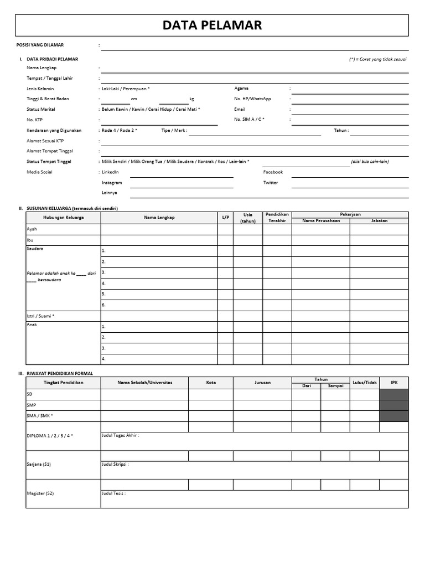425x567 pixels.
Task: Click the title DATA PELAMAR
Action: [212, 25]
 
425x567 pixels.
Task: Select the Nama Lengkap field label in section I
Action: [42, 68]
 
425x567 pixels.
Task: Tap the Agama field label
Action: [241, 88]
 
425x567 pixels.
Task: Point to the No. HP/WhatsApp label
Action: [253, 99]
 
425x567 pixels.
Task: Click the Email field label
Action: [240, 109]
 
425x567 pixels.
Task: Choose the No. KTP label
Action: [34, 120]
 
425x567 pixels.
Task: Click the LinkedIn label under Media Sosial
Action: [110, 172]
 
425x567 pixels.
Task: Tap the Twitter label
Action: [271, 183]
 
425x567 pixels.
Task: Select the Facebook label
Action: [273, 172]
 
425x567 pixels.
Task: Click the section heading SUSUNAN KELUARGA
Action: [72, 208]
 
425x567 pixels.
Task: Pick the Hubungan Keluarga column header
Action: [64, 218]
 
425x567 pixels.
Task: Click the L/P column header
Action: [225, 218]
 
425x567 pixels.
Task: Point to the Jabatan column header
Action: [379, 220]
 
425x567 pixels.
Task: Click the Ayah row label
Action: [32, 229]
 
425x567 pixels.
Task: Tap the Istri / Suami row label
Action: [40, 316]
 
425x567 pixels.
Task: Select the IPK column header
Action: [394, 383]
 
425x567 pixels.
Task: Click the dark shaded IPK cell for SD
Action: [394, 394]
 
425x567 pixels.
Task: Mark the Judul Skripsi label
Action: [115, 464]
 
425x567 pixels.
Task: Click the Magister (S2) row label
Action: [40, 493]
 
